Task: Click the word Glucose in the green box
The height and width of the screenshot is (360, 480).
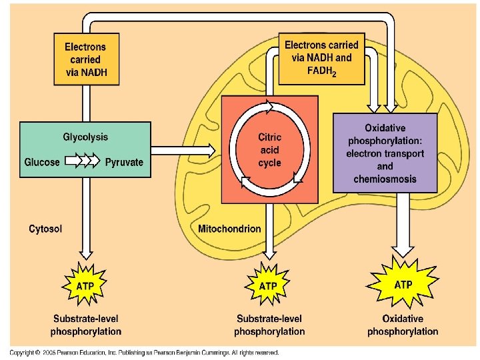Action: coord(42,162)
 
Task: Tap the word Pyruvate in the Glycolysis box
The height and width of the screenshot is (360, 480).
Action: coord(124,162)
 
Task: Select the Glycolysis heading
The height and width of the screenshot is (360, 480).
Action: coord(85,137)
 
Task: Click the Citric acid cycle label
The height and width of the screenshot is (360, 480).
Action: coord(269,150)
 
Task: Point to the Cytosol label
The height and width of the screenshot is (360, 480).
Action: coord(46,229)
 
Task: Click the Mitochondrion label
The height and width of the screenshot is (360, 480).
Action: coord(230,229)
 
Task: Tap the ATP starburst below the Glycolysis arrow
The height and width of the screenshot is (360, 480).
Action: coord(85,285)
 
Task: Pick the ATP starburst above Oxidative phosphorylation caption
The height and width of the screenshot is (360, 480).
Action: coord(403,284)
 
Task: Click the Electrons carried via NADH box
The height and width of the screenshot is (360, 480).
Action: coord(85,60)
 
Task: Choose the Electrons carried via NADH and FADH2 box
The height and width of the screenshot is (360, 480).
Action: coord(321,59)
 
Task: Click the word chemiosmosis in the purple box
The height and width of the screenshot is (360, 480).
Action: coord(385,179)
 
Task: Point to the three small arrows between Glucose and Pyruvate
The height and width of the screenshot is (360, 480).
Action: coord(83,161)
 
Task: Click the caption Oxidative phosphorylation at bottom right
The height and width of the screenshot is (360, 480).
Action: coord(403,325)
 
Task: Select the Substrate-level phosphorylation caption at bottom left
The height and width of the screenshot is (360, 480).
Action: coord(85,325)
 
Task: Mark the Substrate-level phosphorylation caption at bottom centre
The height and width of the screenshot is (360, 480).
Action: coord(269,325)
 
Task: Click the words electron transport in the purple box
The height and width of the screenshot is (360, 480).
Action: coord(385,153)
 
